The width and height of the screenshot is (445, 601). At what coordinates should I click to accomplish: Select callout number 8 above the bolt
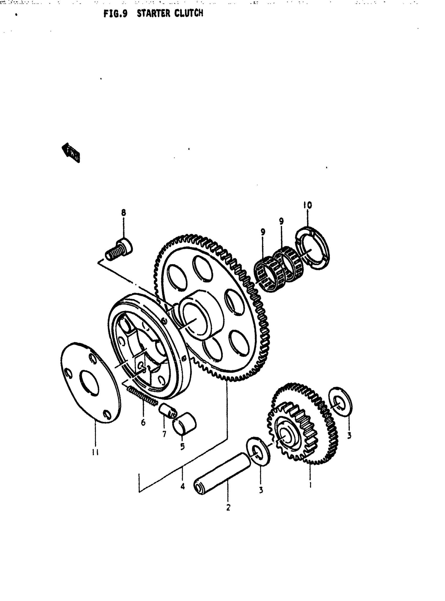tap(123, 213)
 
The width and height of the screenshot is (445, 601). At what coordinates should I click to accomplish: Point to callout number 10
tap(307, 205)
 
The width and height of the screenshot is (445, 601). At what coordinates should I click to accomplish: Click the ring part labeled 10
tap(313, 249)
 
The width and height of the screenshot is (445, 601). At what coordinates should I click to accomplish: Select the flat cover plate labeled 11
tap(91, 383)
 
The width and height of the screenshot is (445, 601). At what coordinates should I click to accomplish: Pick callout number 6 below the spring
tap(143, 422)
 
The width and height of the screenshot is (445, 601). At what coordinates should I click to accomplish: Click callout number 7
tap(164, 434)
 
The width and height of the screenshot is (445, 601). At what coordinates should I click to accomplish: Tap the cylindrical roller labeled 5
tap(185, 423)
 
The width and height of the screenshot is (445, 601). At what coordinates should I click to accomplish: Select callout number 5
tap(183, 446)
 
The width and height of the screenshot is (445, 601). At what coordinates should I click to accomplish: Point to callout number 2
tap(228, 508)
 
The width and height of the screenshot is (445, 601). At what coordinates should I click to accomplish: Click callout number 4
tap(183, 487)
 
